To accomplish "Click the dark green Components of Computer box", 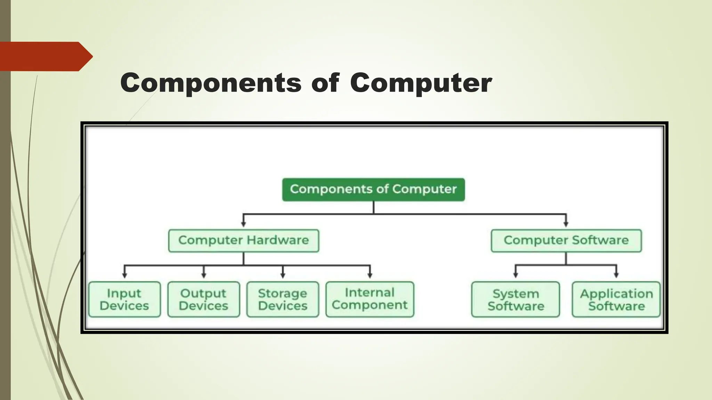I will [x=373, y=190].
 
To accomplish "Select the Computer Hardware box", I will [x=243, y=241].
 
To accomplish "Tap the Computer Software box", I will [x=566, y=241].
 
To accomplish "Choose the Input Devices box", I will [x=124, y=299].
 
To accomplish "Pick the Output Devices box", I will [x=203, y=299].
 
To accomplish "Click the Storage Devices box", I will [x=283, y=299].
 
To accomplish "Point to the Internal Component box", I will [x=370, y=299].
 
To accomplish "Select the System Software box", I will [x=516, y=299].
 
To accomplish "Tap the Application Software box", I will [x=616, y=299].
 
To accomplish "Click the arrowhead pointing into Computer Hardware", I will [x=243, y=225].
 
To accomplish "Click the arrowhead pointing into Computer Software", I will [x=566, y=225].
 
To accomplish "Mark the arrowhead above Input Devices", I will [x=124, y=275].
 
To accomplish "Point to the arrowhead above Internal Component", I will [x=370, y=275].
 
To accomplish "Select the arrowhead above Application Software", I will [x=616, y=275].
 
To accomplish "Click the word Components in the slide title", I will [x=211, y=83].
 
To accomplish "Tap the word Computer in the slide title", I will [x=421, y=83].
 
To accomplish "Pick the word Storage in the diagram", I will [x=282, y=293].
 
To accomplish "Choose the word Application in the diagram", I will [x=616, y=294].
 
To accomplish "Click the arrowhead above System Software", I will [x=516, y=275].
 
